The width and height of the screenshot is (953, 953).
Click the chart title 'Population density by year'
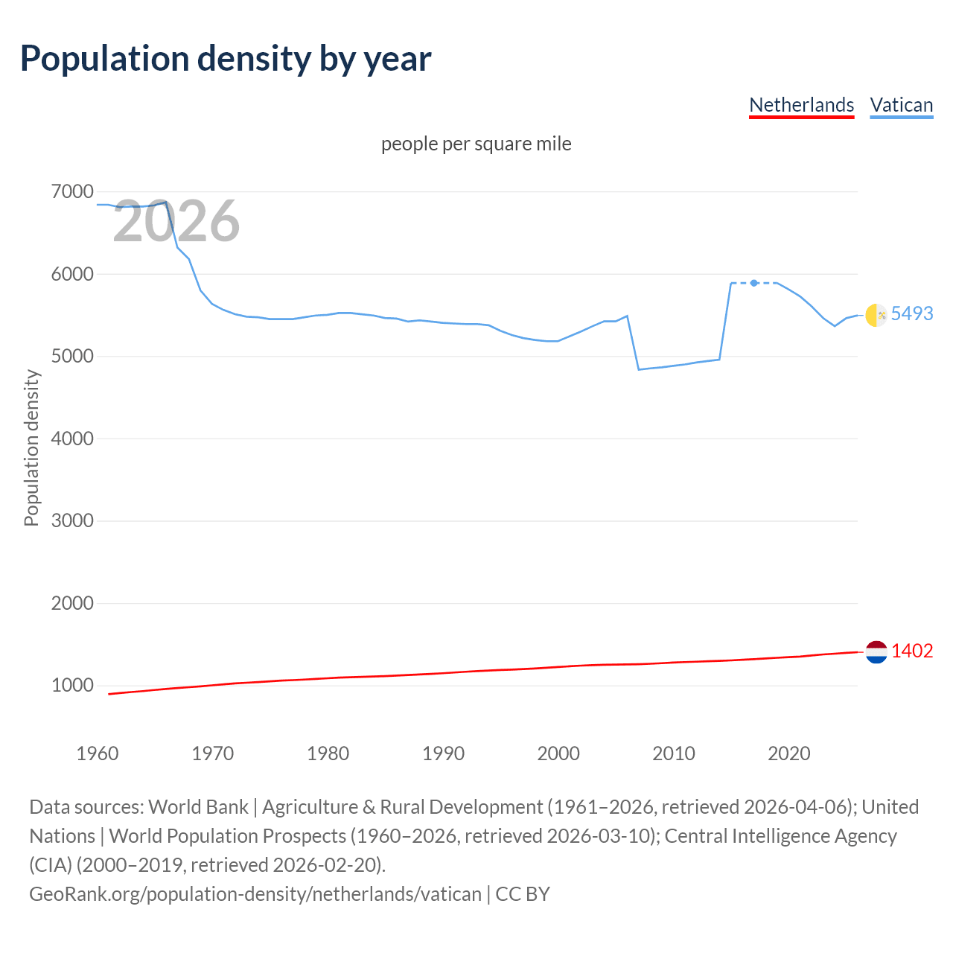[225, 59]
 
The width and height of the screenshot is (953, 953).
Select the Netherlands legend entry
[801, 105]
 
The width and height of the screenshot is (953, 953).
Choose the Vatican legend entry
[901, 105]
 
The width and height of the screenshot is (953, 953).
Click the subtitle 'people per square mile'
[476, 144]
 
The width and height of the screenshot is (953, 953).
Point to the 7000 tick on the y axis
[72, 192]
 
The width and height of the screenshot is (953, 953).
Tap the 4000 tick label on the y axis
[72, 439]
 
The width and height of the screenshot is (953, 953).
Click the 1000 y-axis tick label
[72, 686]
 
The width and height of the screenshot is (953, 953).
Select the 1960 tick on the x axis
[98, 753]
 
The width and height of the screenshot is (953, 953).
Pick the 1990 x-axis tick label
[443, 753]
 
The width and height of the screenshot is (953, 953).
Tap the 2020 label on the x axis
[788, 753]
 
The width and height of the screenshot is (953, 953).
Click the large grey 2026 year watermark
[176, 221]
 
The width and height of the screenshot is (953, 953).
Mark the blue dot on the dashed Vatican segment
[754, 283]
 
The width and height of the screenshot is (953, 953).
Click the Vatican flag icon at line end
[876, 315]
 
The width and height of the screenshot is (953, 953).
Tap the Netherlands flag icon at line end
[876, 651]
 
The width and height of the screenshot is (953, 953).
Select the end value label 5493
[912, 314]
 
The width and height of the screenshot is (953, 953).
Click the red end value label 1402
[912, 651]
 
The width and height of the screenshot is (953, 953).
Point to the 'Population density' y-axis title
[31, 448]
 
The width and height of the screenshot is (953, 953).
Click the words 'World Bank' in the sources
[199, 807]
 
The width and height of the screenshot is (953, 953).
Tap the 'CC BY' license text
[523, 894]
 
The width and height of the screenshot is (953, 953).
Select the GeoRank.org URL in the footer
[255, 894]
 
